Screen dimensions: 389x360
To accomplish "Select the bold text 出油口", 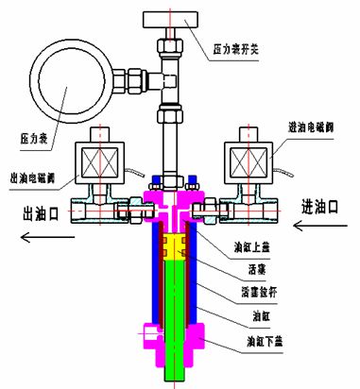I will click(x=42, y=214).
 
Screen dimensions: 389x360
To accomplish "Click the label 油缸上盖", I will click(x=250, y=249).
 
